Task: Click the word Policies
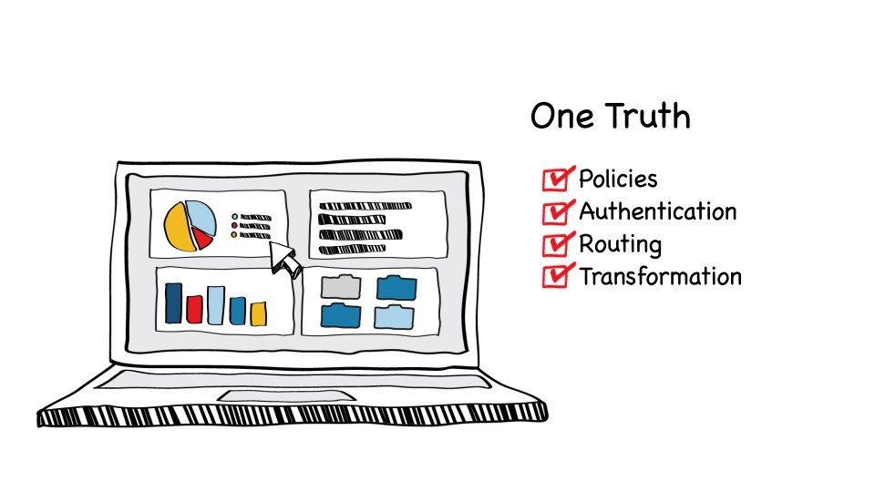(618, 179)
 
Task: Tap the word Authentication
(657, 212)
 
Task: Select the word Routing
(620, 245)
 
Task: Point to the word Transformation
(660, 276)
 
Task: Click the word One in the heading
(561, 117)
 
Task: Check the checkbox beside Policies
(555, 179)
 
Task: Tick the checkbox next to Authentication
(555, 212)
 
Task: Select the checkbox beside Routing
(555, 244)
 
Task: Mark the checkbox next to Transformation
(555, 276)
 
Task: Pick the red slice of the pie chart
(202, 238)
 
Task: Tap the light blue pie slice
(202, 216)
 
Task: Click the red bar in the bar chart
(194, 309)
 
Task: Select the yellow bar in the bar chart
(258, 313)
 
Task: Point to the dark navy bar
(173, 303)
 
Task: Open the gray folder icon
(340, 287)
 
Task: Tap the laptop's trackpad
(286, 395)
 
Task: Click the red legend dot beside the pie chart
(234, 226)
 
